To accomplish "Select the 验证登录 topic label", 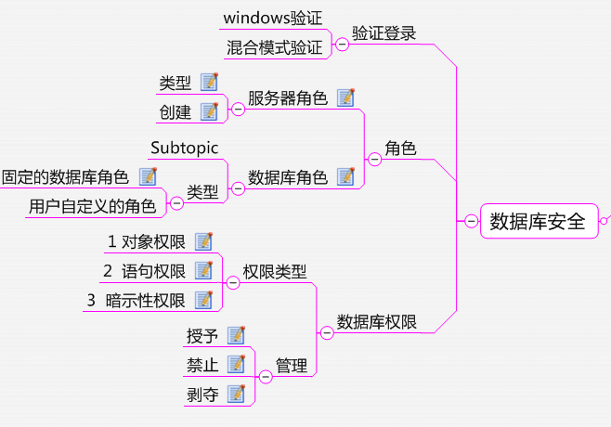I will tap(384, 33).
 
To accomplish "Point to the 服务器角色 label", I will tap(288, 98).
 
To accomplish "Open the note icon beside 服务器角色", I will tap(346, 97).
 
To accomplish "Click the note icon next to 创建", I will tap(209, 111).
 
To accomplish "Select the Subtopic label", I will tap(185, 148).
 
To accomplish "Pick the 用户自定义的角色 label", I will tap(92, 205).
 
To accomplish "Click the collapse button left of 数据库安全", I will tap(471, 221).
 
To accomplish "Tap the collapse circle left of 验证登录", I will tap(342, 43).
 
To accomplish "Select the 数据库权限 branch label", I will tap(376, 322).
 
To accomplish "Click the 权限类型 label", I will tap(275, 271).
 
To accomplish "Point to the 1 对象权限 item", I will tap(147, 242).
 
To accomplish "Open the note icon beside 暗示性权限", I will tap(204, 299).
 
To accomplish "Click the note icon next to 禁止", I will tap(237, 364).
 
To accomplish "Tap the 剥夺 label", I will tap(202, 394).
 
